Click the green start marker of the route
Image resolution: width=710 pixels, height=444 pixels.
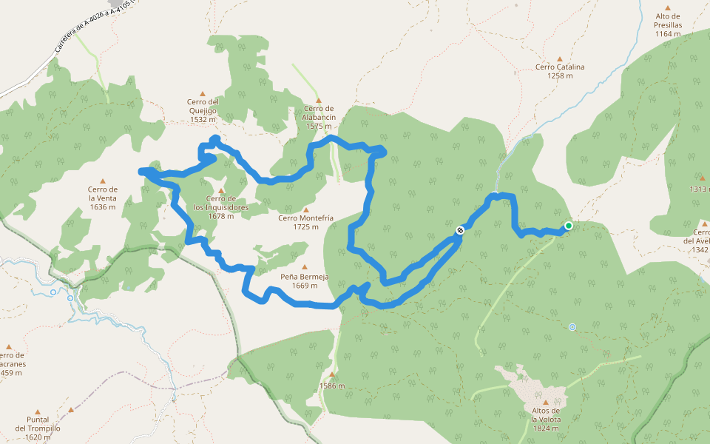569,226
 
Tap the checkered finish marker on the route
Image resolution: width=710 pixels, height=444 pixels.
460,231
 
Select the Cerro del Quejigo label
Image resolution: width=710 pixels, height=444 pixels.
203,110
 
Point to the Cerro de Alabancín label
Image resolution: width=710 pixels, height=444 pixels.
319,117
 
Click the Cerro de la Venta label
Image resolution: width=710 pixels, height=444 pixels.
103,198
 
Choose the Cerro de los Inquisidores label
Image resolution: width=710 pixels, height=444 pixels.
221,203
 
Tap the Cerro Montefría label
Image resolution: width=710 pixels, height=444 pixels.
305,222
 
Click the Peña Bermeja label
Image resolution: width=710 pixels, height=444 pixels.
304,281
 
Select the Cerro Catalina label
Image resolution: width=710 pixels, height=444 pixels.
560,71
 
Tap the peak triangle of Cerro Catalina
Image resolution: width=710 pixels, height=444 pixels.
560,58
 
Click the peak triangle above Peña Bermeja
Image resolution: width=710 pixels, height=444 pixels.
304,267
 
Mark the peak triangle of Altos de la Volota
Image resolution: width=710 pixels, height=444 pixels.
546,403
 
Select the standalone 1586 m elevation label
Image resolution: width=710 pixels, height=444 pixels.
332,386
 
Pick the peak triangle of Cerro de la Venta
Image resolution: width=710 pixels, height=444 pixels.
103,181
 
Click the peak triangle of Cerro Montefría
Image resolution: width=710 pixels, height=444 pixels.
305,209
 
